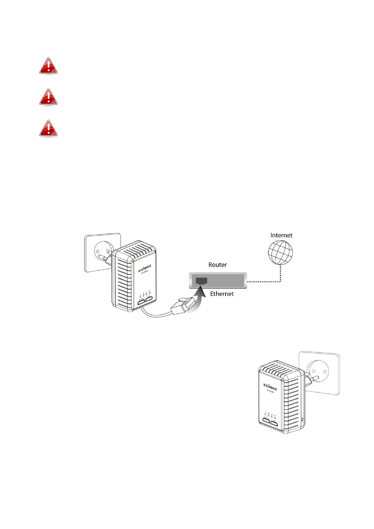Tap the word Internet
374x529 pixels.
click(x=281, y=235)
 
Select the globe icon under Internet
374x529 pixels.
click(x=280, y=253)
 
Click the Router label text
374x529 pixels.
click(x=217, y=265)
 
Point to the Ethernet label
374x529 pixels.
click(x=222, y=294)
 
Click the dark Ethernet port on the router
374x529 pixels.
click(x=201, y=281)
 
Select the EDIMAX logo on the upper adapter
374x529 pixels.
click(x=145, y=268)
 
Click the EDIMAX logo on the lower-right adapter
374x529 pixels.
click(x=270, y=386)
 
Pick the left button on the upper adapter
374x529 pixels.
click(x=140, y=303)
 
